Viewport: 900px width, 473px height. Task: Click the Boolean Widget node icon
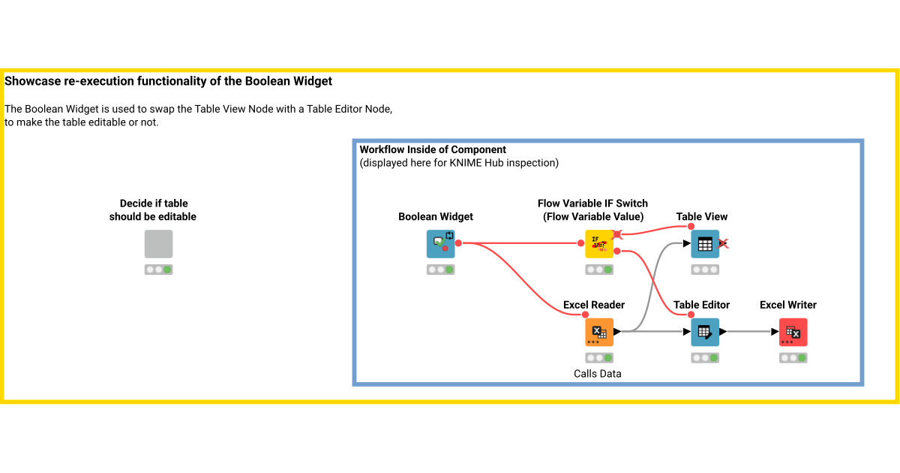[440, 244]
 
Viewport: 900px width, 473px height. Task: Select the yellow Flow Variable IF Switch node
[599, 244]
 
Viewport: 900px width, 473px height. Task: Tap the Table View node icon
[704, 244]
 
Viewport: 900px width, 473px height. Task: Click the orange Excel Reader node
[599, 332]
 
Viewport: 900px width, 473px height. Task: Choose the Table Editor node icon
[704, 332]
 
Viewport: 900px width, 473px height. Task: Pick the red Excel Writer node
[793, 332]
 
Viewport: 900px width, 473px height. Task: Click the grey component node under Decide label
[158, 244]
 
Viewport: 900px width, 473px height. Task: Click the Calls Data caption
[598, 373]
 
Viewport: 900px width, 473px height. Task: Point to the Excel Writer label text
[787, 305]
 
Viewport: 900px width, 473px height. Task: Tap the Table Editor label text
[701, 305]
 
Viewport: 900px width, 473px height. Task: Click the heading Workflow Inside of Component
[433, 149]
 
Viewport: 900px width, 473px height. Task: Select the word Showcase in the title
[34, 80]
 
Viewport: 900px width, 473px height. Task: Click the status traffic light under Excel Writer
[793, 358]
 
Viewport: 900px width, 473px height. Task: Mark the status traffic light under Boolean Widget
[440, 270]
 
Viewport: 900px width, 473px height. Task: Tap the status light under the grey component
[158, 270]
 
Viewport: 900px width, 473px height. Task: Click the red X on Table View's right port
[724, 243]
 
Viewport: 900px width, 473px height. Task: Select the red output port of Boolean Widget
[458, 243]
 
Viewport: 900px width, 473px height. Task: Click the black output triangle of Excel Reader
[617, 331]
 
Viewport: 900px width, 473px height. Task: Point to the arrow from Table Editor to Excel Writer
[750, 331]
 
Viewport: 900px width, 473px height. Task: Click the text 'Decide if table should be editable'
[153, 210]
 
